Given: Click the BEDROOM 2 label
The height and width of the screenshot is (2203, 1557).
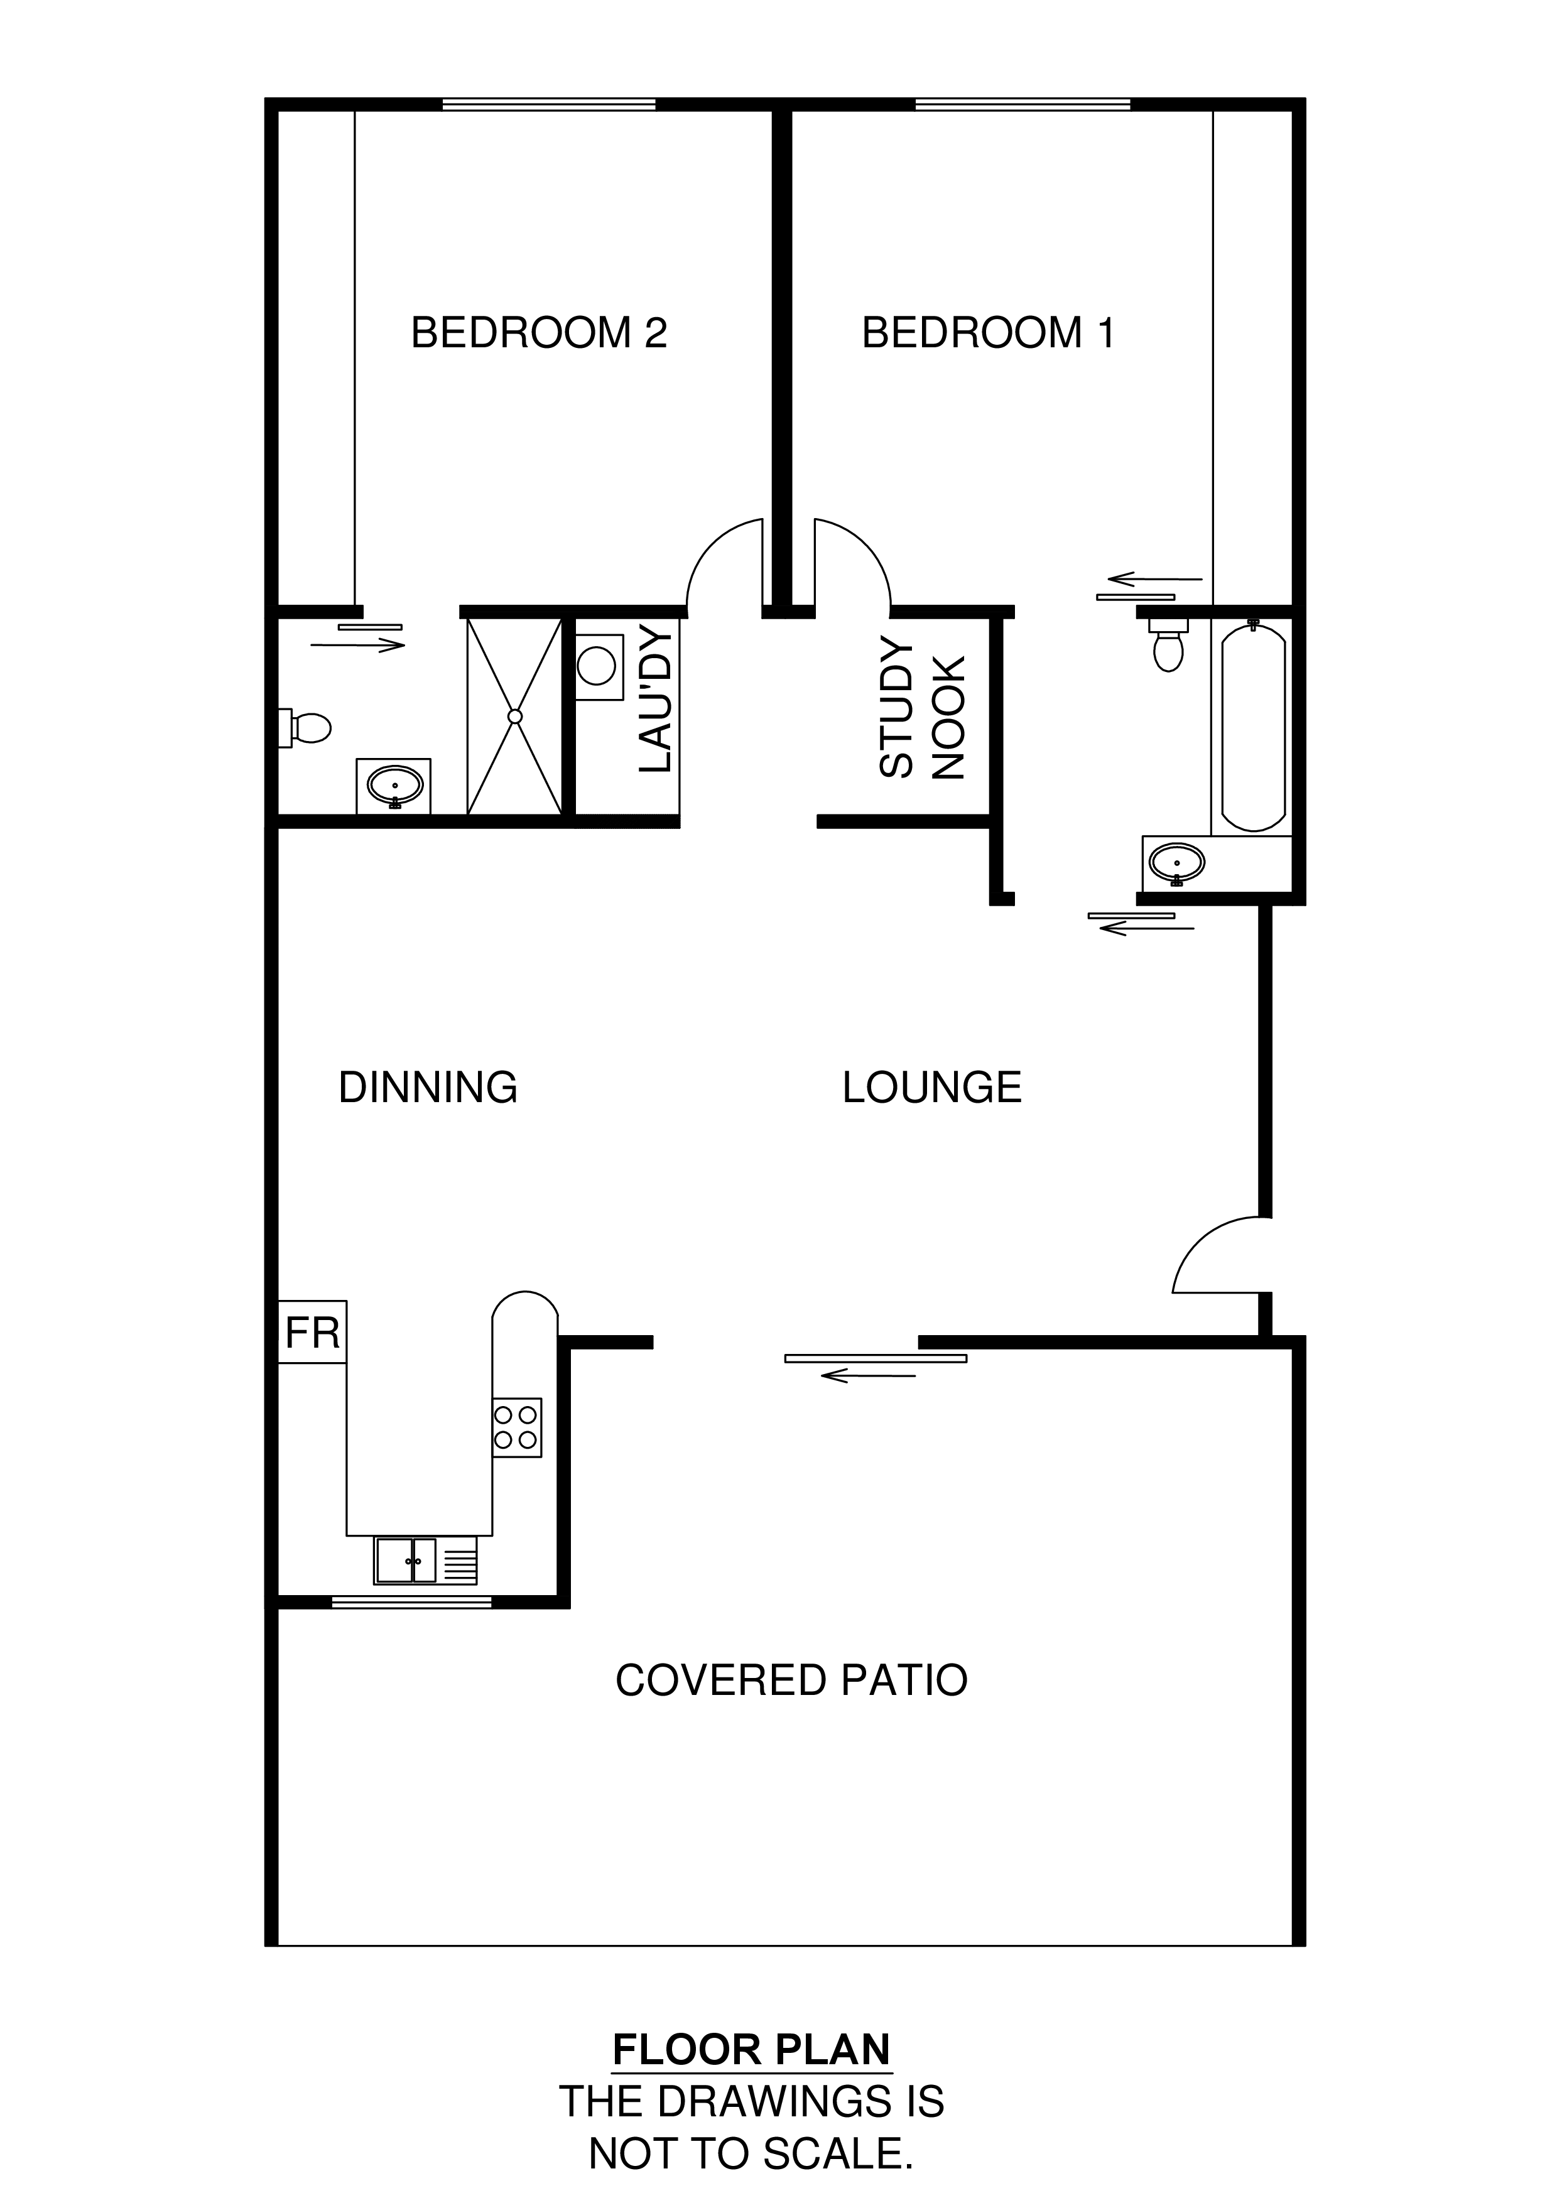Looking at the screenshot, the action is tap(538, 333).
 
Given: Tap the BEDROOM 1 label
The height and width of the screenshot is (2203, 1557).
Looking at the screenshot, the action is tap(988, 333).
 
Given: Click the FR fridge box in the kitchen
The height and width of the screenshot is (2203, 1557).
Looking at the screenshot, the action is tap(313, 1333).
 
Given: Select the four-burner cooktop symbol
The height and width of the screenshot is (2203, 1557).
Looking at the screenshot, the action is tap(517, 1427).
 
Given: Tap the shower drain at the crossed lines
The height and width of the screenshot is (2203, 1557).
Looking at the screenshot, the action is tap(515, 716).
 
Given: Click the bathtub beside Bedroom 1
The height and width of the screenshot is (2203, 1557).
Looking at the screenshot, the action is tap(1253, 727).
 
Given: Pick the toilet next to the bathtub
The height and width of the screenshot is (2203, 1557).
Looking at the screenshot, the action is tap(1168, 645).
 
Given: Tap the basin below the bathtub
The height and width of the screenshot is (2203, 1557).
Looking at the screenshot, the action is tap(1177, 863).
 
